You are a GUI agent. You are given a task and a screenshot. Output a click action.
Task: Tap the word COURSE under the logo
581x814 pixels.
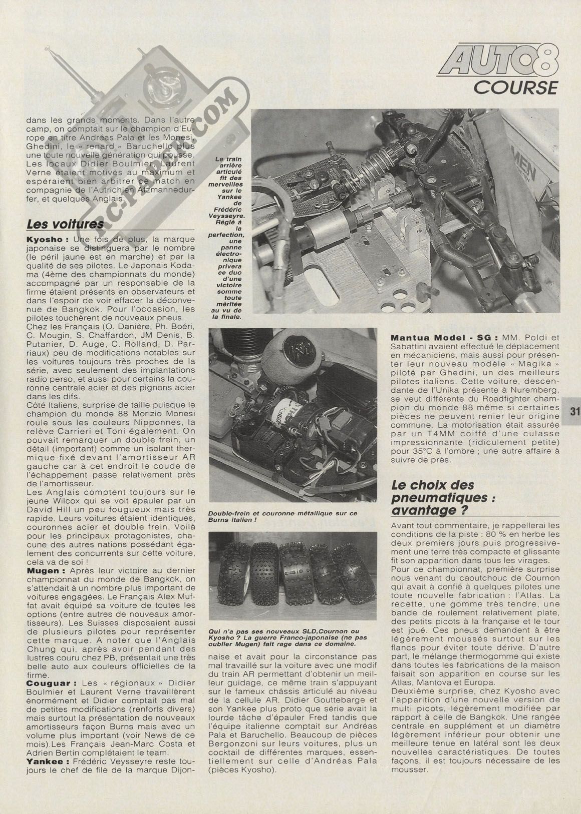coord(516,87)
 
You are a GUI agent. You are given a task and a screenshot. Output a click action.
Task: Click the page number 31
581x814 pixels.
coord(574,412)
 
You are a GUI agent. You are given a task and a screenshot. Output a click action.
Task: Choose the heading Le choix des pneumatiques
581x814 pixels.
coord(432,497)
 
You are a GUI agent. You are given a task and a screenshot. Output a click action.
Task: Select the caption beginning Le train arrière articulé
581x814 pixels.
coord(228,235)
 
